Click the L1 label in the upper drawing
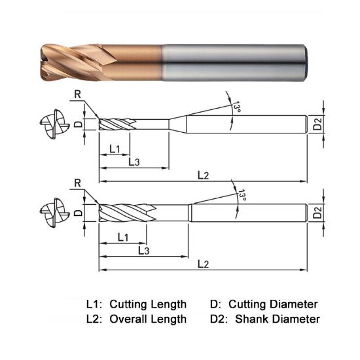point(115,149)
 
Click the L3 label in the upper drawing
point(134,162)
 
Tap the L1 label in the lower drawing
point(122,236)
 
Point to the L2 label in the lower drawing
point(203,263)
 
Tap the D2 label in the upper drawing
point(317,124)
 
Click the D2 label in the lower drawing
point(317,212)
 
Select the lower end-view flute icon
point(52,212)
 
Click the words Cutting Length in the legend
point(148,304)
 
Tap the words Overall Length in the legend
point(148,319)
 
